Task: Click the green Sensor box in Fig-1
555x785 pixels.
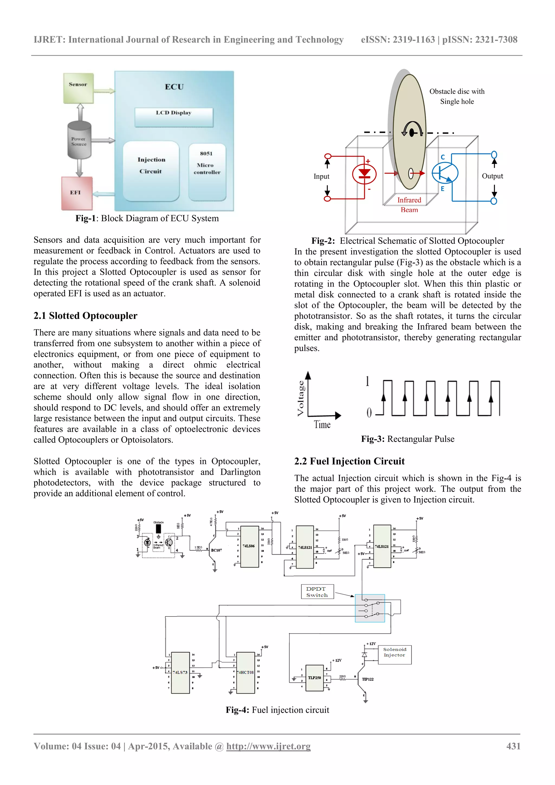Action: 78,88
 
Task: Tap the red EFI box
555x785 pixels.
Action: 77,193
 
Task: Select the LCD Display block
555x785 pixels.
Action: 174,117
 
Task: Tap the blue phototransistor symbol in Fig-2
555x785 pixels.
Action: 444,173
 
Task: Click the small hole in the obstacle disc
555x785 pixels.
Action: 411,174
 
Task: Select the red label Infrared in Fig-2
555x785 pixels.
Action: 409,200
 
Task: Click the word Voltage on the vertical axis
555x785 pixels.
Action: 301,398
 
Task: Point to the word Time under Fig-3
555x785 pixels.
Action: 322,425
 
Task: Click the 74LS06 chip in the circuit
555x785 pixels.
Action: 249,546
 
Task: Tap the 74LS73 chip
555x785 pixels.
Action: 180,672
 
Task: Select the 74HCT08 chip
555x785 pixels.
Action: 246,672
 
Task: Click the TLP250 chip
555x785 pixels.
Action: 314,678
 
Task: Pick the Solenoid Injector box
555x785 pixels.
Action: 394,654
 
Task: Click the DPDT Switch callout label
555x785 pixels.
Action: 317,592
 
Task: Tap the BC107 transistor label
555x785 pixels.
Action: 217,550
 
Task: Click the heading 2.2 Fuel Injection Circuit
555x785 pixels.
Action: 349,461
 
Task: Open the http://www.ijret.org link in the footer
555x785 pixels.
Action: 269,746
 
